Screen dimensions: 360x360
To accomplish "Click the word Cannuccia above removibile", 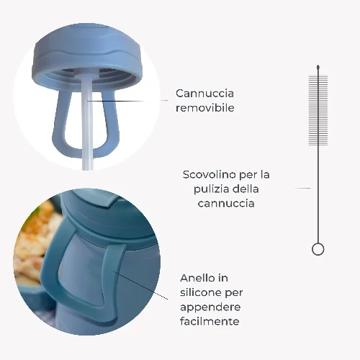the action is (204, 94).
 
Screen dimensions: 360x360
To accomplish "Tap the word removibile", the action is (205, 108).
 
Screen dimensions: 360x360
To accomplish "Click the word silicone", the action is (200, 292).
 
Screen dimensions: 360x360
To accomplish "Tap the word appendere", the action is (210, 307).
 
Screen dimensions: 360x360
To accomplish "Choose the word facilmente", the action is (210, 321).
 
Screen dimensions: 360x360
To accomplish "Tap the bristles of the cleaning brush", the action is (318, 110).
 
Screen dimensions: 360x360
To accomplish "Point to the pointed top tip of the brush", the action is (318, 66).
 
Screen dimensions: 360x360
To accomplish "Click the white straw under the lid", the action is (86, 122).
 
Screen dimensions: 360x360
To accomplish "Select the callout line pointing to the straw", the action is (127, 101).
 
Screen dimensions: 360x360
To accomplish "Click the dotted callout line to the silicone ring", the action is (141, 286).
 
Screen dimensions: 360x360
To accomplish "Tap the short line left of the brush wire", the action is (302, 188).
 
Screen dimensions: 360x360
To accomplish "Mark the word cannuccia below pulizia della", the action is (226, 203).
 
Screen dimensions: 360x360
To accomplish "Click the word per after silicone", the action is (234, 293).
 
